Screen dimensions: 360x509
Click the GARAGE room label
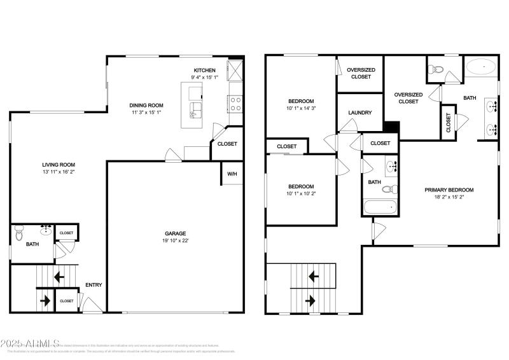click(176, 233)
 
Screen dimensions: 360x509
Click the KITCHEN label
click(205, 70)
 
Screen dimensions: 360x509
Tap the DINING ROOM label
click(147, 106)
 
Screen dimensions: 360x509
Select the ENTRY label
click(94, 285)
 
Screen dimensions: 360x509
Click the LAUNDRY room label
click(359, 113)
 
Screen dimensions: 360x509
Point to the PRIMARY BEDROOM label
click(450, 190)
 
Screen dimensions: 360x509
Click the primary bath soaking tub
click(481, 66)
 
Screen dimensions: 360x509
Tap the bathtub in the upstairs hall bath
click(380, 207)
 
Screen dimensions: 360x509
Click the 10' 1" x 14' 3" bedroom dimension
click(301, 108)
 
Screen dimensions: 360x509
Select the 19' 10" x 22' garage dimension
click(176, 240)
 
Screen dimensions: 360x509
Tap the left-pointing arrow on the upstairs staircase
click(313, 277)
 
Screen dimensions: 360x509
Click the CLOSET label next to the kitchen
click(227, 144)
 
